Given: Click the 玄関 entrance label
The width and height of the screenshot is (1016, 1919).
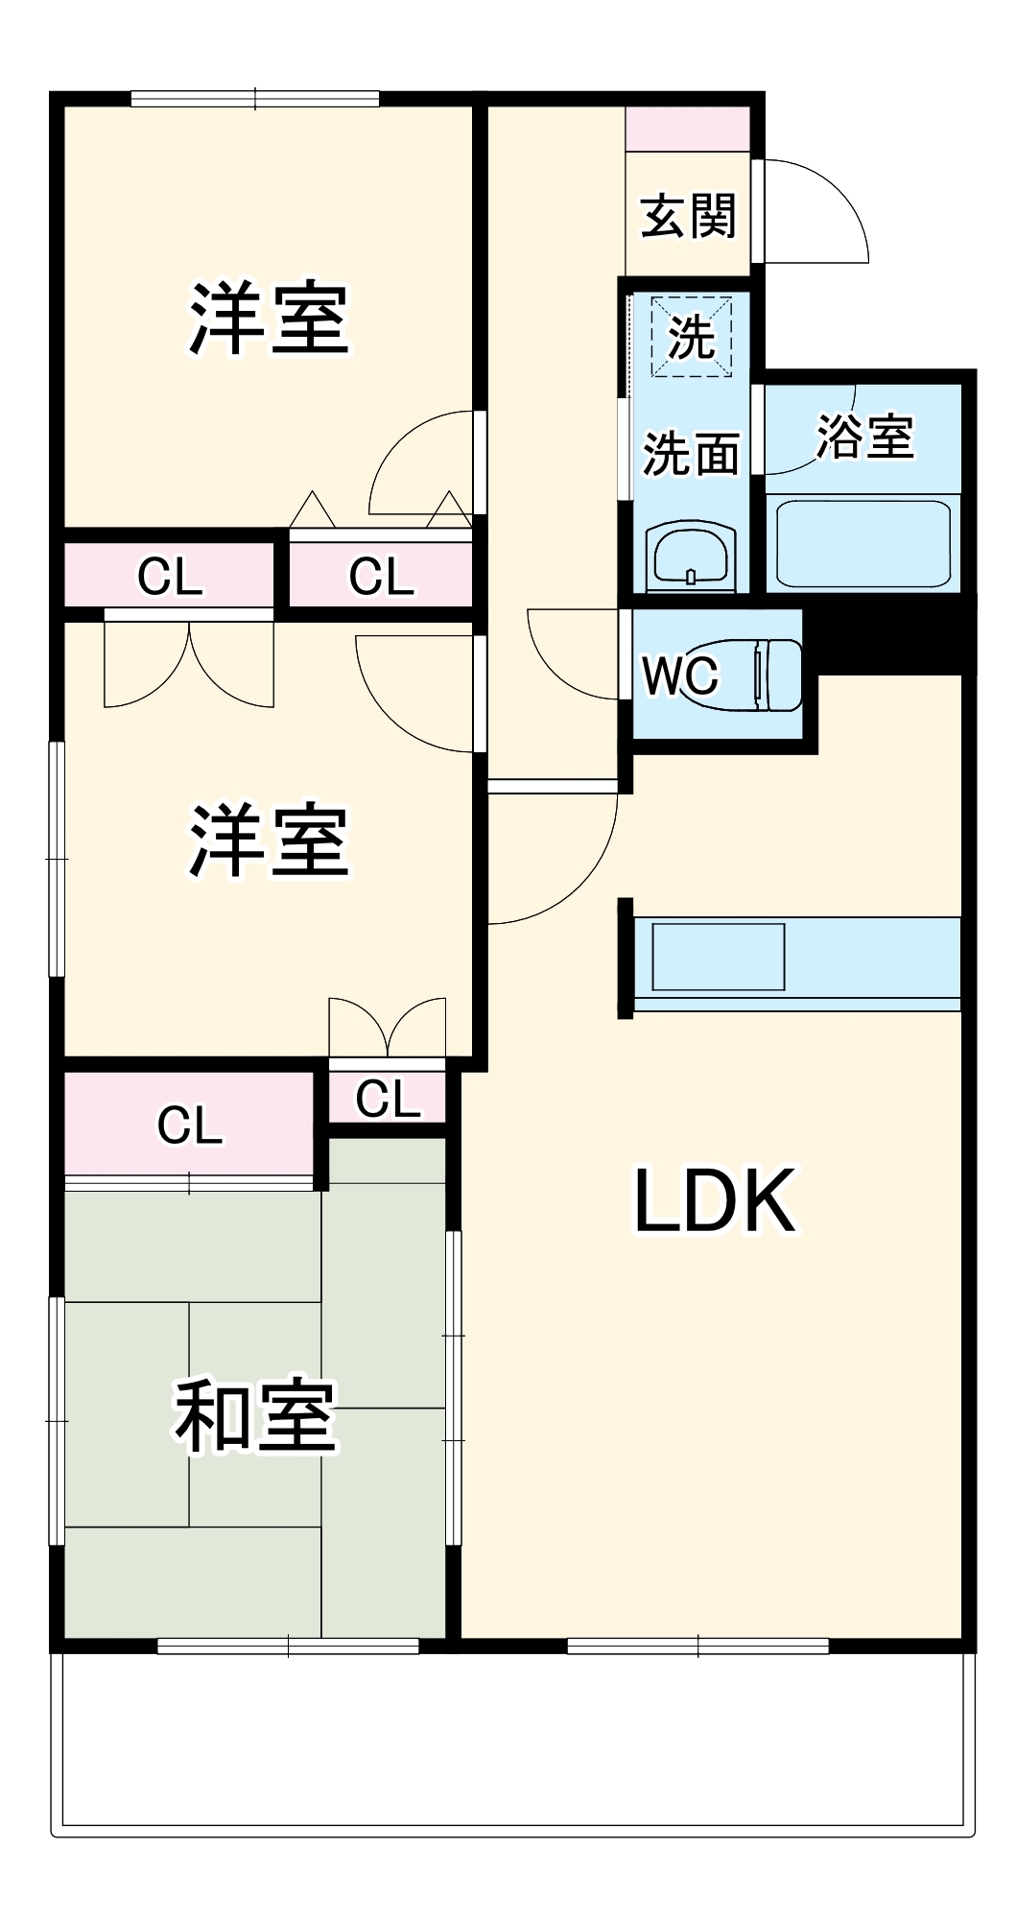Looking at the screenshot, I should click(x=688, y=216).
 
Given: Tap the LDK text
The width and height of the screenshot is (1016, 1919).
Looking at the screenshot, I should click(x=715, y=1200).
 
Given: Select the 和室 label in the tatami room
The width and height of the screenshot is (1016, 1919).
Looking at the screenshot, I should click(x=254, y=1416).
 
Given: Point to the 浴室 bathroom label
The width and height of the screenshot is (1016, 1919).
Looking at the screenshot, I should click(x=864, y=437).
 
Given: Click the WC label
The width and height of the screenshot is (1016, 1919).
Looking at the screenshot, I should click(x=679, y=676).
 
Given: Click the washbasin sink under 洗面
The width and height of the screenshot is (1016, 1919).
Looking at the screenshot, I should click(x=691, y=557).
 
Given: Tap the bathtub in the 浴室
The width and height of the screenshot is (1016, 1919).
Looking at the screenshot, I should click(x=862, y=542).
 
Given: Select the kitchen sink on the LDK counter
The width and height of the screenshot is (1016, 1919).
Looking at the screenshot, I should click(x=718, y=957).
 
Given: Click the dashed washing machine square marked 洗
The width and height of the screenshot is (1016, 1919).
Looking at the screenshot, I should click(x=692, y=337).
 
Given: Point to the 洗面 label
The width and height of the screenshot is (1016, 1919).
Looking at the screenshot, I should click(x=691, y=454).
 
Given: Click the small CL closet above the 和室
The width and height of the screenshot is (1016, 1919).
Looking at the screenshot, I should click(x=388, y=1098).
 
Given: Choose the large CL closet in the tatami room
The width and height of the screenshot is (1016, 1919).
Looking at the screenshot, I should click(x=189, y=1125).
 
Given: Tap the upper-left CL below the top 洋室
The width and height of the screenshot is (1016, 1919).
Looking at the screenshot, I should click(x=170, y=577).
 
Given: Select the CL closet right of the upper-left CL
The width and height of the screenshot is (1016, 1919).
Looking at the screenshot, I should click(x=381, y=577).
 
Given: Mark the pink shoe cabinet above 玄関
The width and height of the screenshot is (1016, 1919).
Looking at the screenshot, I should click(x=687, y=129).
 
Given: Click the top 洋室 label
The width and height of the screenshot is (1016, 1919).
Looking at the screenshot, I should click(x=268, y=319).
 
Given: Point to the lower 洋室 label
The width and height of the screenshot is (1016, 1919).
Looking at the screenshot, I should click(x=268, y=841).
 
